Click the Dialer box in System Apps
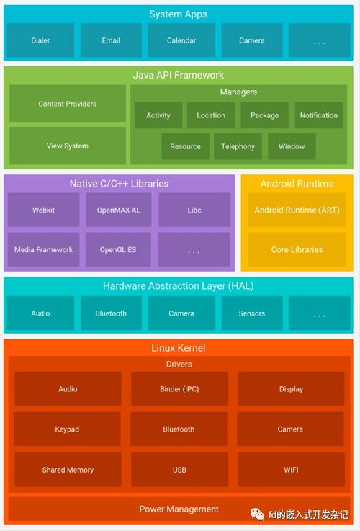[x=40, y=40]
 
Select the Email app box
[x=111, y=40]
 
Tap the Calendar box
[x=181, y=40]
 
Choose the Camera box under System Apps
[x=252, y=40]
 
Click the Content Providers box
[x=68, y=104]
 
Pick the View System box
[x=68, y=146]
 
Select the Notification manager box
[x=319, y=115]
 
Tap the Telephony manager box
[x=238, y=146]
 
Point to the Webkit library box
[x=43, y=210]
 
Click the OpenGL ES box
[x=118, y=249]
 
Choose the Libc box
[x=194, y=210]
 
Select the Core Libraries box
[x=297, y=249]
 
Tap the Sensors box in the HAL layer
[x=252, y=313]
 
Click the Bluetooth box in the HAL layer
[x=111, y=313]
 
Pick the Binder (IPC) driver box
[x=179, y=389]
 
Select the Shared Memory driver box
[x=68, y=470]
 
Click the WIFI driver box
[x=291, y=470]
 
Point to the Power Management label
[x=179, y=509]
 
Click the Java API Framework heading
[x=179, y=75]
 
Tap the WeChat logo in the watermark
[x=257, y=514]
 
